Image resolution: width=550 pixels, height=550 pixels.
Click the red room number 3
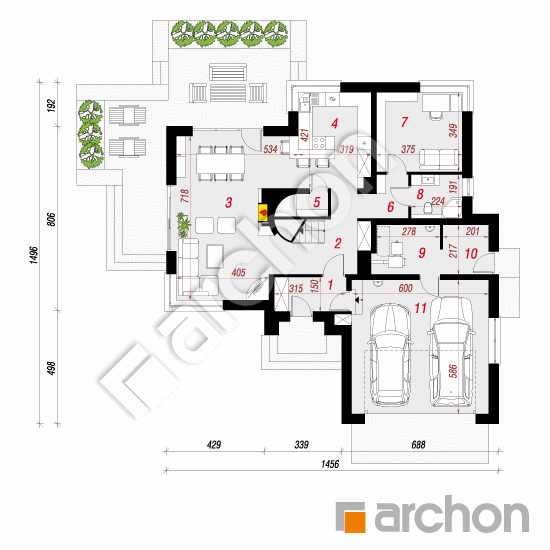coord(229,202)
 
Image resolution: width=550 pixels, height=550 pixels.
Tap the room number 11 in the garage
coord(421,308)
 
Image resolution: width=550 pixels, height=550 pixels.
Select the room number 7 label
coord(404,122)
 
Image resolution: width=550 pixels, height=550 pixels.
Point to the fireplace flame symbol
coord(262,212)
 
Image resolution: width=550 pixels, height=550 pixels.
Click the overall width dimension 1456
coord(330,464)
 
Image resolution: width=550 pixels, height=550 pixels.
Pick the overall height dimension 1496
coord(33,255)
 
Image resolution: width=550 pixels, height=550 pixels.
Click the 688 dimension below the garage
coord(418,445)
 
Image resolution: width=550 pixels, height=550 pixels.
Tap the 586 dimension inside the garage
coord(453,371)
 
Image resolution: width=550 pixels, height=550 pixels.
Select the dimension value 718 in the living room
coord(185,196)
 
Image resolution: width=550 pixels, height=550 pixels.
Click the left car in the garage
coord(389,354)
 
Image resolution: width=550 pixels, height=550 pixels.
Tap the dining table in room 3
coord(220,163)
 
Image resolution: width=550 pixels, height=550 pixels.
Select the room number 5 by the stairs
coord(317,202)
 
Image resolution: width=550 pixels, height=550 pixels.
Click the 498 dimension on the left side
coord(52,368)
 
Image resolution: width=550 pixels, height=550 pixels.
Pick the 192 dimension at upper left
coord(52,106)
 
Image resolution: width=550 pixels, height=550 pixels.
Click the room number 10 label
coord(471,254)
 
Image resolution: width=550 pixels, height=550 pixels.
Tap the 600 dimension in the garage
coord(405,288)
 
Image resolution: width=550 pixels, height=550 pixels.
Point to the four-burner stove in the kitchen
coord(319,142)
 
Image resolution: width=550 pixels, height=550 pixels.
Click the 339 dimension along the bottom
coord(301,445)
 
